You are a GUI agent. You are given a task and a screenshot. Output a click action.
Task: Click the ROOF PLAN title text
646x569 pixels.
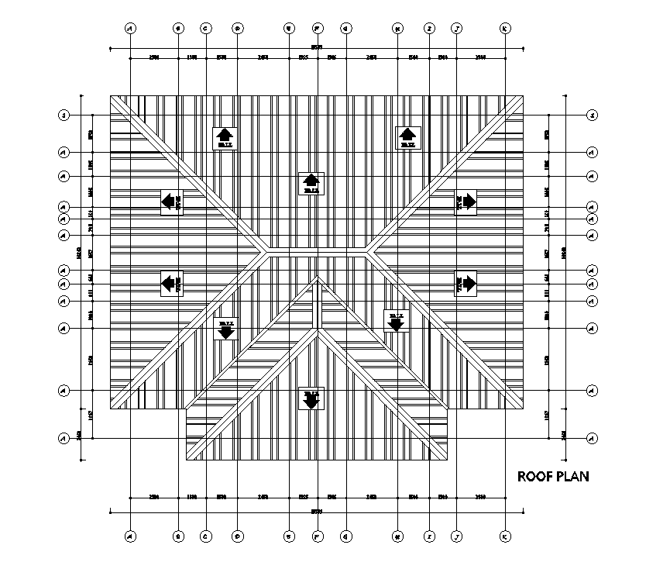552,476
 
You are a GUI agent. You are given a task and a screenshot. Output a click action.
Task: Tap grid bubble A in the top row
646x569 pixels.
130,29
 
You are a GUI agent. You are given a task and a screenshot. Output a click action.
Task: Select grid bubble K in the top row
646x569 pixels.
505,29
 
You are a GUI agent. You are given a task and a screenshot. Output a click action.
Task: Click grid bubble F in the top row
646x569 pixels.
318,29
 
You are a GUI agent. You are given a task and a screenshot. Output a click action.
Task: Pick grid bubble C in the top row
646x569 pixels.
206,29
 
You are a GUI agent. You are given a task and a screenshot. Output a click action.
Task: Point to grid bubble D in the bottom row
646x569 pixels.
237,536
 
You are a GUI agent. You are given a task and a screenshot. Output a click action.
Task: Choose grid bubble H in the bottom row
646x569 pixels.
397,536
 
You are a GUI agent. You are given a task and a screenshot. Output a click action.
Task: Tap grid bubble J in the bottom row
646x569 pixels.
457,536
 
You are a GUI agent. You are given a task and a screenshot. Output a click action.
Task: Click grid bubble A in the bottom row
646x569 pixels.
130,536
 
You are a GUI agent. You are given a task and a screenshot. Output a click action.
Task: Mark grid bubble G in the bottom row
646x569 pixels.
345,536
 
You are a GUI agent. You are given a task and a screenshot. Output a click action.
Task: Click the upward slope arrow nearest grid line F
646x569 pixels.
311,182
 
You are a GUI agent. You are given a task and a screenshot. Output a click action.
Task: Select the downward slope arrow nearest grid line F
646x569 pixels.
311,400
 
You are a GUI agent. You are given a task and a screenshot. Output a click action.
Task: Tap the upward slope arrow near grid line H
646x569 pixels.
407,136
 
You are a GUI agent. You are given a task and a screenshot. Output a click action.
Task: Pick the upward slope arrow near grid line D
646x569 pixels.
225,136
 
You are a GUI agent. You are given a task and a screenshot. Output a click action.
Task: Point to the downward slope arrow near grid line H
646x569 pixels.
397,321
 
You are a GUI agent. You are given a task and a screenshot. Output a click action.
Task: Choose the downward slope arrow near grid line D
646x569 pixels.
225,329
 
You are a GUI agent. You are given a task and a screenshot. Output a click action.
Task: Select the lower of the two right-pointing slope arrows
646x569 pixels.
466,284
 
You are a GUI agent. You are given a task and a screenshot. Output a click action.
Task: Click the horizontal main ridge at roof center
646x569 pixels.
318,250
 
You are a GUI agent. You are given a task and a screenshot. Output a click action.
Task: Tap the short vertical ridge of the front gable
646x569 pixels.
318,304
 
